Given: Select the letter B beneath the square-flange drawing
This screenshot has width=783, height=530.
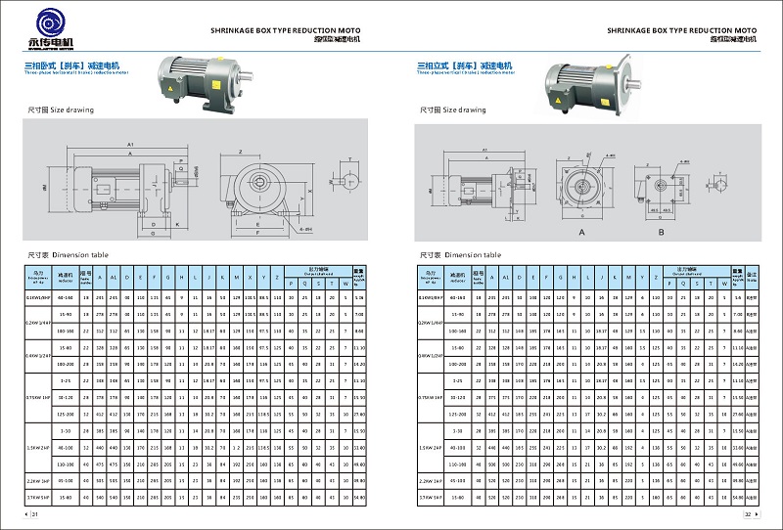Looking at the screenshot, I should (x=662, y=233).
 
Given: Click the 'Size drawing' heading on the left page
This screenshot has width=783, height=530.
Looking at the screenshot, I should (x=61, y=110).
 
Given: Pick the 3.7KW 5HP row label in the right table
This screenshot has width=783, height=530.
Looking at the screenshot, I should (x=432, y=498).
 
